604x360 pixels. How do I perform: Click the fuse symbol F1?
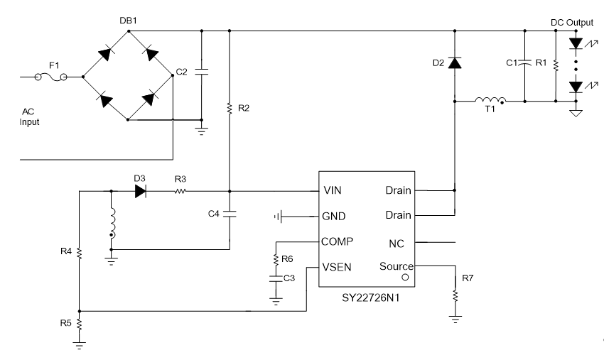[51, 77]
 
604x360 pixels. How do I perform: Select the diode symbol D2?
[455, 62]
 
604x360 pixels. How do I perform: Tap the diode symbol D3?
[141, 191]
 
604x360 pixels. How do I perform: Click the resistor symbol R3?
[180, 191]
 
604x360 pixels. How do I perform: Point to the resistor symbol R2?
[230, 108]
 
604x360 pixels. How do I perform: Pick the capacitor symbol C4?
[230, 214]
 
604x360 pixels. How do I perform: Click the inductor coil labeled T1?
[490, 101]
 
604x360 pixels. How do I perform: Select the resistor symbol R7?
[455, 295]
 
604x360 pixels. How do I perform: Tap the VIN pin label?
[333, 190]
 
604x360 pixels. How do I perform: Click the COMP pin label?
[337, 241]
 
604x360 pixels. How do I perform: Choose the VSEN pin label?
[337, 267]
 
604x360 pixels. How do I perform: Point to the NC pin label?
[397, 244]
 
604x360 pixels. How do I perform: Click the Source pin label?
[397, 266]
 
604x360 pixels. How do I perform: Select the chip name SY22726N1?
[370, 298]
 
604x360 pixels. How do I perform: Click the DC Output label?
[571, 22]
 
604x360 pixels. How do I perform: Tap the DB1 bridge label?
[128, 21]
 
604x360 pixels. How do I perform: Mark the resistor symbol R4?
[80, 253]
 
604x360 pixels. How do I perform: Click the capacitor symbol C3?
[276, 278]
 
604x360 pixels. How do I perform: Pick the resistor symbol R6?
[276, 259]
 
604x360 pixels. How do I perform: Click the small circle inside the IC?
[405, 277]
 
